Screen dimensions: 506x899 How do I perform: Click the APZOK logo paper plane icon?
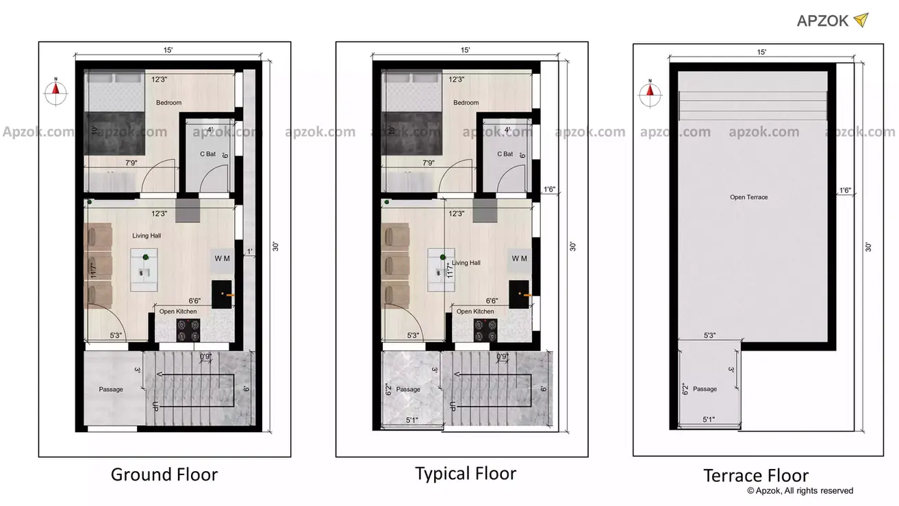click(861, 20)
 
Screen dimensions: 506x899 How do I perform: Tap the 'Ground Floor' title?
click(164, 475)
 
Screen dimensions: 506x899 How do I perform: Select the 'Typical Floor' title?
click(466, 473)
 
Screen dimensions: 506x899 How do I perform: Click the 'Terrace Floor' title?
click(756, 476)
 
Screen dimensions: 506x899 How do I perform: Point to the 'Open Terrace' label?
click(748, 197)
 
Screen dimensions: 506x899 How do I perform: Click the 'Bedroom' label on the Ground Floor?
click(169, 103)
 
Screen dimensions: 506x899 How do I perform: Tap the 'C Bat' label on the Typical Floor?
click(505, 154)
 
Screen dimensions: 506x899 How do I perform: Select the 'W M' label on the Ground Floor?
click(223, 258)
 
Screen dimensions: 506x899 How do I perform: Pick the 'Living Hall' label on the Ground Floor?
click(147, 236)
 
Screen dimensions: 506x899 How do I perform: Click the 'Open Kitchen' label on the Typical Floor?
click(475, 312)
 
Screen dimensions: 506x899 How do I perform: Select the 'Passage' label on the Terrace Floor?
click(705, 389)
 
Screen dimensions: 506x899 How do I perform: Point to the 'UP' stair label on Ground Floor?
click(156, 406)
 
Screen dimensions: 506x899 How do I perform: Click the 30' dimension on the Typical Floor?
click(572, 246)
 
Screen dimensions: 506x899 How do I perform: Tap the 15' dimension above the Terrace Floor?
click(761, 52)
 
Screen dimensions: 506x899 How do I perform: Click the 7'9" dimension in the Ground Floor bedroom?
click(134, 163)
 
